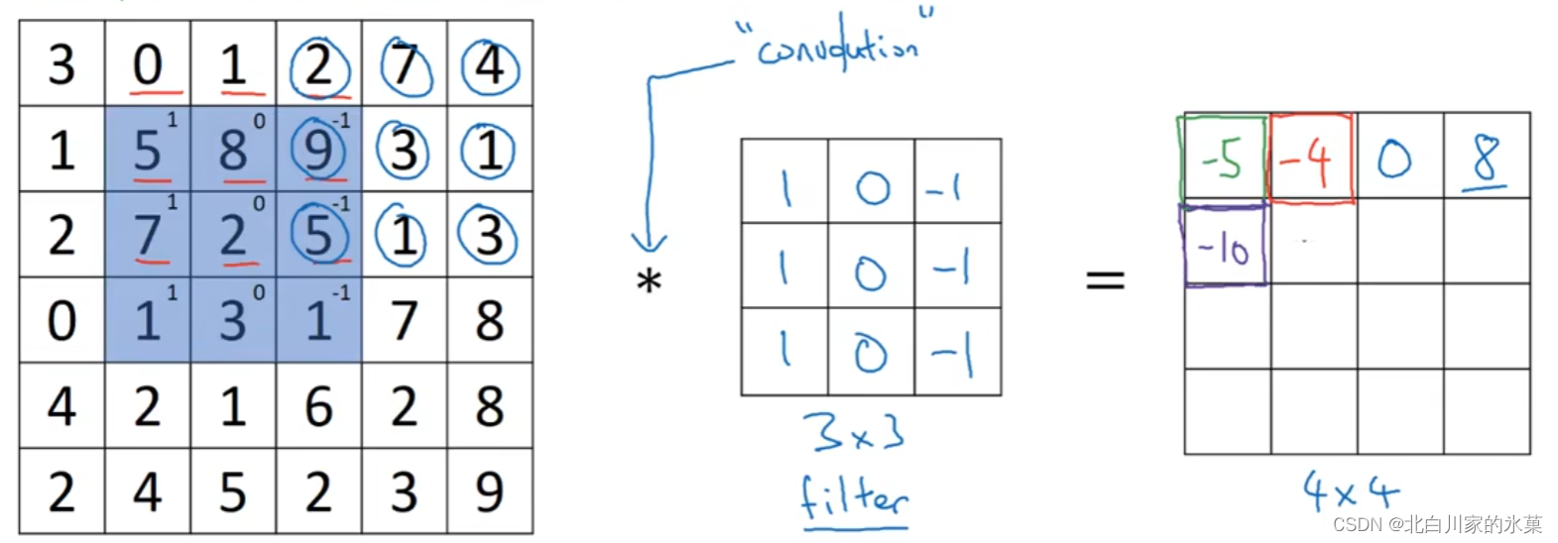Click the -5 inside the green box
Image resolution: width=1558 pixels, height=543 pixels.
1222,159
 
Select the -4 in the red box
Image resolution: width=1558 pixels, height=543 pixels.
1310,159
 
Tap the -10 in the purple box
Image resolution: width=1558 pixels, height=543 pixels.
1224,248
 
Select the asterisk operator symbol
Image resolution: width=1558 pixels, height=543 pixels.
649,282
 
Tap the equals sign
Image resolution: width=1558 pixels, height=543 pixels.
1105,278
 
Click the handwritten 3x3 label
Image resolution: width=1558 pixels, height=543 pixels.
853,432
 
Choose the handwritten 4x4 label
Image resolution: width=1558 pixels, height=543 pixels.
1350,490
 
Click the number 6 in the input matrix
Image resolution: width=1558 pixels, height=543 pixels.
318,406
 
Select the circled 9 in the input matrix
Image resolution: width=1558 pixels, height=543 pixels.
318,151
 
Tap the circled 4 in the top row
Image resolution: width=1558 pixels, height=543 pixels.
490,65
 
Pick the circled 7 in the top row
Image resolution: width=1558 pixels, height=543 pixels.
405,65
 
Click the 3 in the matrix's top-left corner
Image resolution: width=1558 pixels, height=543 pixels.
61,64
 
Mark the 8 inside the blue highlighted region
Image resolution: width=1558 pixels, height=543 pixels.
232,151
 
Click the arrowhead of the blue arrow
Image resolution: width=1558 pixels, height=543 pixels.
649,243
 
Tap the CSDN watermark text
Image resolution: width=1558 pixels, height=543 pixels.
1437,524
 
